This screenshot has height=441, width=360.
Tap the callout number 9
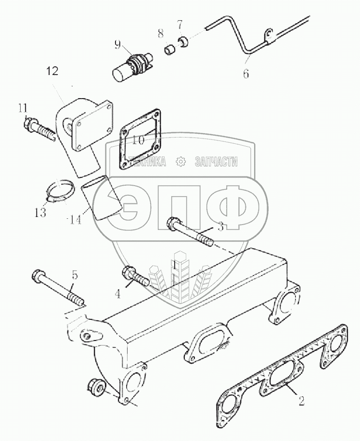(117, 46)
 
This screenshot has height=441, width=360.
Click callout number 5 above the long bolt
(74, 275)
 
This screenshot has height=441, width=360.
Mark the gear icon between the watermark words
(180, 162)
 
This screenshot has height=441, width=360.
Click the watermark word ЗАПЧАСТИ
(216, 162)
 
